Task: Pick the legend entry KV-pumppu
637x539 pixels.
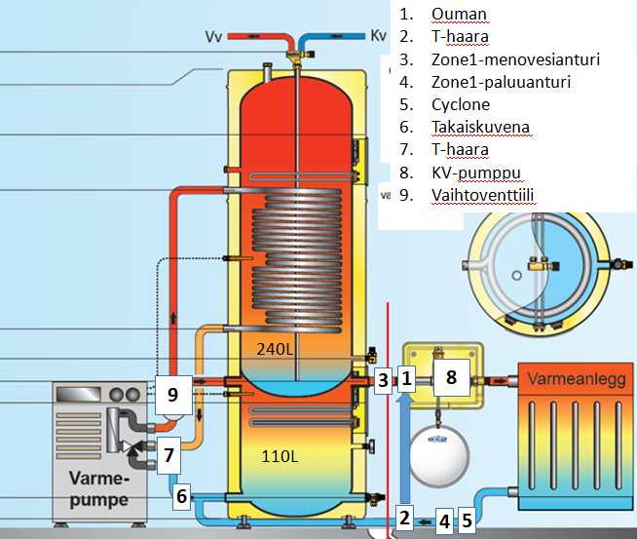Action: (x=476, y=173)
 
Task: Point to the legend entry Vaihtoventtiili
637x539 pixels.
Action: (x=483, y=195)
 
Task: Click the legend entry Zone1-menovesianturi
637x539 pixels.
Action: (x=515, y=59)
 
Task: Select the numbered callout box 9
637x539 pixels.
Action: (x=173, y=395)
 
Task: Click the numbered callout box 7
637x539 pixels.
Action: (x=169, y=453)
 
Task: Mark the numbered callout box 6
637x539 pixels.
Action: (x=181, y=497)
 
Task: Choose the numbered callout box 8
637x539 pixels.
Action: (x=451, y=377)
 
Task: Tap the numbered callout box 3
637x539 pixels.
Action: (x=384, y=379)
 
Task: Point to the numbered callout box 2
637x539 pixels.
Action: (x=404, y=518)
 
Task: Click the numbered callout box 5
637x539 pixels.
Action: (x=467, y=520)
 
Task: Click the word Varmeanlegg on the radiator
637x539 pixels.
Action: (x=572, y=377)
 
